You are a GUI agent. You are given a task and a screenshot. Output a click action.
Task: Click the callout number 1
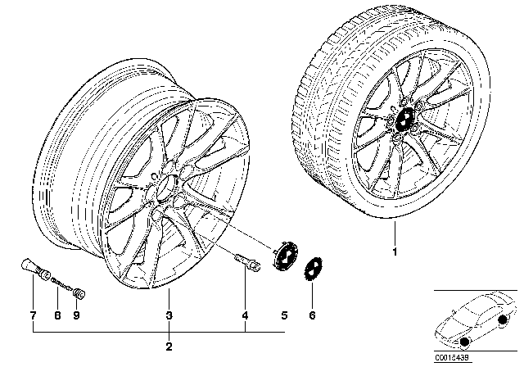coord(394,251)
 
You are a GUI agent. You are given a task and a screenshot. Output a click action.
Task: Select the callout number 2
coord(168,347)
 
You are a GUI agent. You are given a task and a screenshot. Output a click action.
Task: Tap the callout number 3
coord(168,315)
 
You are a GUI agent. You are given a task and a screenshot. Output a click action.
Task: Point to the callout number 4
coord(246,315)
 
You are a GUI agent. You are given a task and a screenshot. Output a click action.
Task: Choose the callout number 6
coord(311,315)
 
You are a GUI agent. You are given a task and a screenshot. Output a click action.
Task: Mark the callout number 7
coord(32,315)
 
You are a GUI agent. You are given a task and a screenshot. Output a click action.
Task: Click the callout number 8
coord(56,315)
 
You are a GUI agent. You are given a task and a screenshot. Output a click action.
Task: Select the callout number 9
coord(76,315)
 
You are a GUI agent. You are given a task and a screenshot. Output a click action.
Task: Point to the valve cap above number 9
coord(80,290)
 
